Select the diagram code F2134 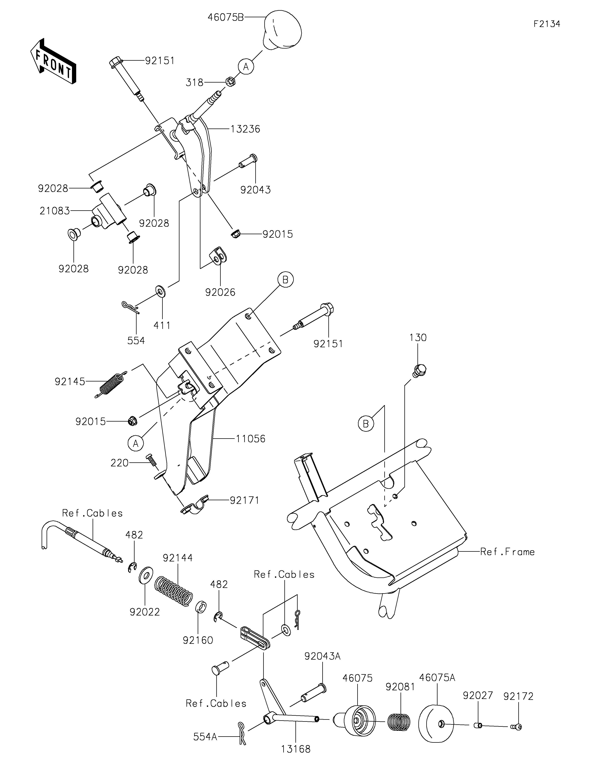tap(547, 24)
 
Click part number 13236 tap(245, 129)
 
